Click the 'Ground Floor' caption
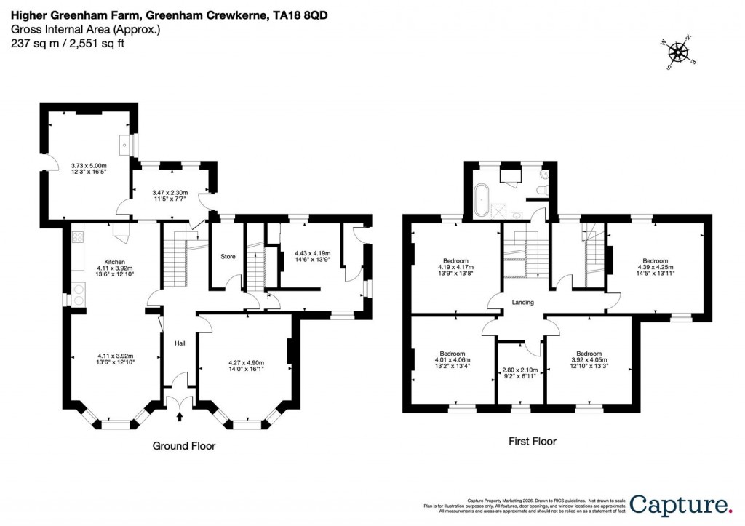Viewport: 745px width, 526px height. coord(183,446)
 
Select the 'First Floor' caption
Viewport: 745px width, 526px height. coord(531,441)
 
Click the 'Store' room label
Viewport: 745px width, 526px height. coord(228,256)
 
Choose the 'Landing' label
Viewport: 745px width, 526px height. coord(522,303)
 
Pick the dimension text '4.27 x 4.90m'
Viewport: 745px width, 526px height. coord(246,362)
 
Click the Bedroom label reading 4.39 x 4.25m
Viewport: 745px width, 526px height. coord(655,264)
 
